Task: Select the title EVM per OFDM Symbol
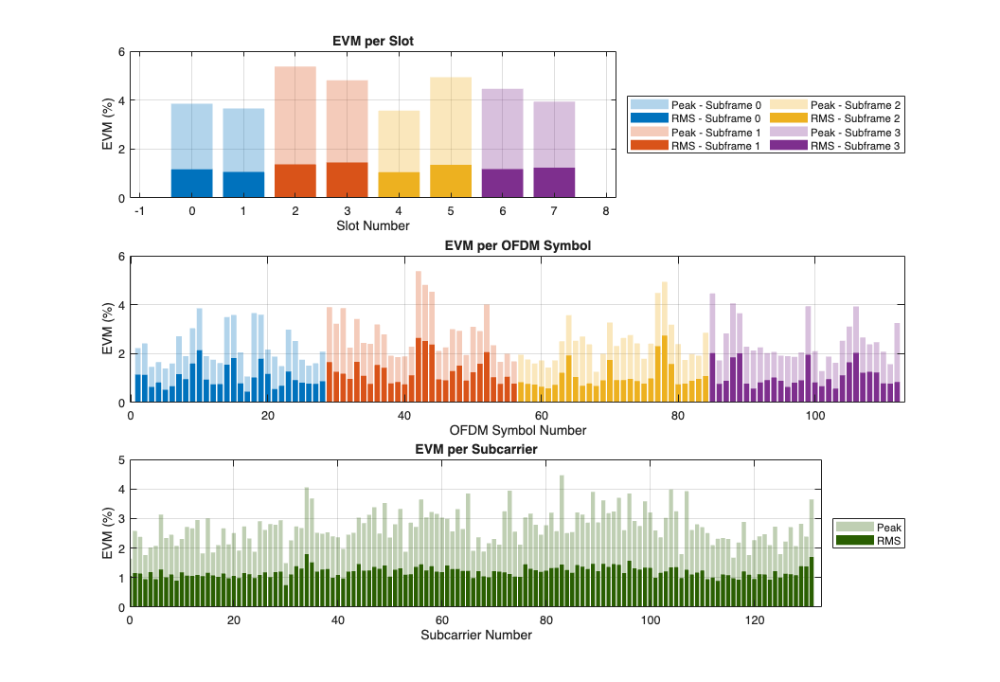(x=517, y=246)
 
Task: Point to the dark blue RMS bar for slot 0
(x=191, y=184)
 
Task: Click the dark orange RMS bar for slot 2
(x=295, y=181)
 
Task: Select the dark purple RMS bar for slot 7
(x=553, y=183)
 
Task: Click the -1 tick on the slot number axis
(x=139, y=211)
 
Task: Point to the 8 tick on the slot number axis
(x=605, y=211)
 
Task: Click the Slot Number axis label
(x=373, y=226)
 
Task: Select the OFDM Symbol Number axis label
(x=517, y=430)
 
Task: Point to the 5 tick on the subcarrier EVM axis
(x=120, y=460)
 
